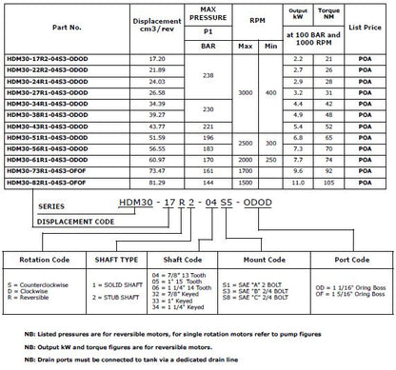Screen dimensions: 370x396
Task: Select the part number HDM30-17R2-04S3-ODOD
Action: coord(56,59)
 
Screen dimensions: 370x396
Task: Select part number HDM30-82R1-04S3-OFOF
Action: coord(56,182)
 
